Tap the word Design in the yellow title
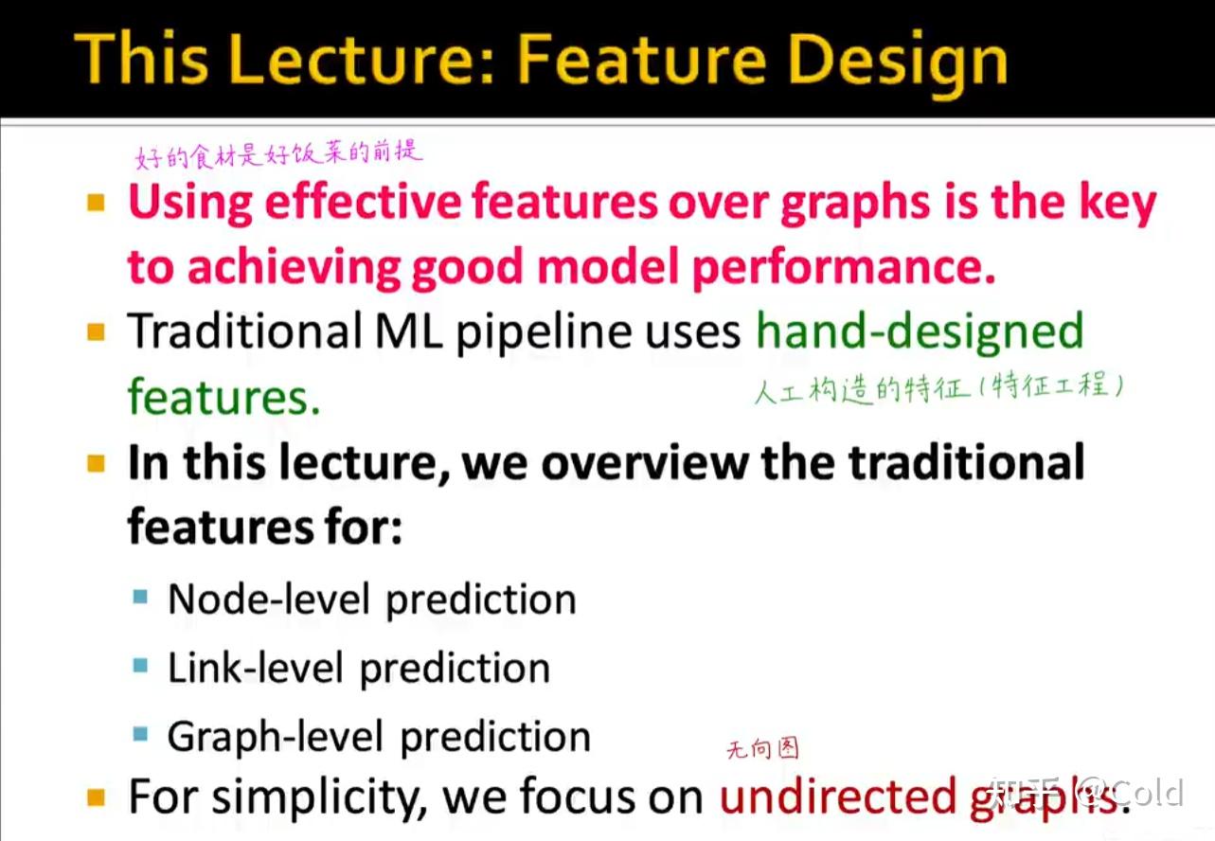[897, 62]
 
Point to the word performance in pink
[844, 268]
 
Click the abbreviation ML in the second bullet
[408, 331]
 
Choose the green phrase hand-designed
[920, 331]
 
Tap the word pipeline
[543, 332]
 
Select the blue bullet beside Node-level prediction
[140, 597]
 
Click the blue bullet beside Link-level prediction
[140, 665]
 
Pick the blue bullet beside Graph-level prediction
[140, 734]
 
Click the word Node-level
[269, 599]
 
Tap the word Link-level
[256, 668]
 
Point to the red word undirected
[837, 797]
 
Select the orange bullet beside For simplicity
[96, 797]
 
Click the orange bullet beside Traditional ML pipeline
[96, 331]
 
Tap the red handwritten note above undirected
[762, 749]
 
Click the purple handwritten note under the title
[278, 154]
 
